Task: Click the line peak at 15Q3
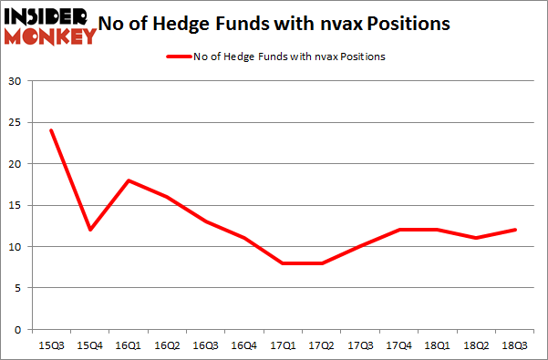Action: [52, 130]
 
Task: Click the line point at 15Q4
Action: [90, 230]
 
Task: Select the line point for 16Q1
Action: [129, 180]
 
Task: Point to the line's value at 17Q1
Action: [284, 263]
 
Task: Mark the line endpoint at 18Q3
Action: [515, 230]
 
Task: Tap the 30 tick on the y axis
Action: [16, 82]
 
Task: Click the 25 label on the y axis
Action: [16, 123]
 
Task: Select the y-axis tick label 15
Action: [16, 206]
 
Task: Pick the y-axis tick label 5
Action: [18, 288]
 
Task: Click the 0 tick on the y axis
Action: [18, 329]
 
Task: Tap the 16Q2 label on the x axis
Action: [168, 345]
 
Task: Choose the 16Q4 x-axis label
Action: [245, 345]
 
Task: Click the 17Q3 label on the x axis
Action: [361, 345]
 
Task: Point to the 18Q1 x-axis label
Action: [438, 345]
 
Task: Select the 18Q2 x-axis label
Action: [477, 345]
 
